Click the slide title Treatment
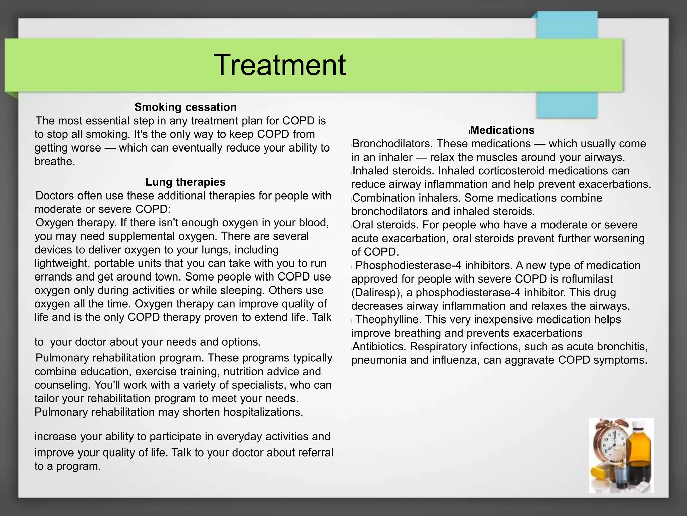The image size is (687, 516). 279,65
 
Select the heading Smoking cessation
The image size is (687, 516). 186,107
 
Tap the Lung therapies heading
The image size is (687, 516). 186,182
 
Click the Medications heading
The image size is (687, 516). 503,130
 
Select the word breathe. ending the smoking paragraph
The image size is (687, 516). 55,161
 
